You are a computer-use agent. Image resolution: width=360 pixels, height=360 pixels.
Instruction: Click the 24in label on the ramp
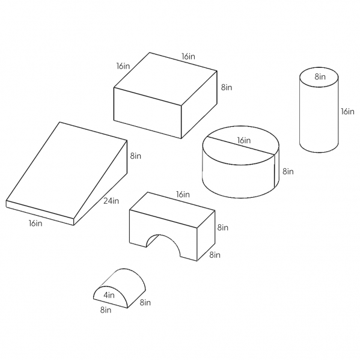111,201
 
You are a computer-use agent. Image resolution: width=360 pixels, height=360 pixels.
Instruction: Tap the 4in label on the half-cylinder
109,295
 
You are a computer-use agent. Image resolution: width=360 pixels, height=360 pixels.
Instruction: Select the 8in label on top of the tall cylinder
320,77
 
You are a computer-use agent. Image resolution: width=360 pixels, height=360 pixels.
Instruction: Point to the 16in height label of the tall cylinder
347,112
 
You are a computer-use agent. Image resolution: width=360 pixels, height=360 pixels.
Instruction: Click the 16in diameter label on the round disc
244,140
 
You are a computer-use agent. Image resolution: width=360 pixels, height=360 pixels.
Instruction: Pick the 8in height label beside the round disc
288,171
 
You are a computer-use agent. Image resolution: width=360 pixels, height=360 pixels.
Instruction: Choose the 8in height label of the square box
227,87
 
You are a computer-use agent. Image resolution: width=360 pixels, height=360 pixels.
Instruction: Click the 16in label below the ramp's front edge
35,223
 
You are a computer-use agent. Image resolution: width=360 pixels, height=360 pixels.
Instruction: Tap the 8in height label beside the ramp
136,156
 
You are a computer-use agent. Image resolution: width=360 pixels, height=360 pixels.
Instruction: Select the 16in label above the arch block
183,195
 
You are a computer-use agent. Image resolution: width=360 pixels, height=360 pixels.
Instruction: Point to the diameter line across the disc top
240,146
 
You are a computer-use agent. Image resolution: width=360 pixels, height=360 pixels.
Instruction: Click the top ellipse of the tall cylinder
319,77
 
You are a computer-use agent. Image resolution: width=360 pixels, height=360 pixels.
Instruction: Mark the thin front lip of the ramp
40,213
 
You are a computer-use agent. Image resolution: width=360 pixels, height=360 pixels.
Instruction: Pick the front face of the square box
148,113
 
